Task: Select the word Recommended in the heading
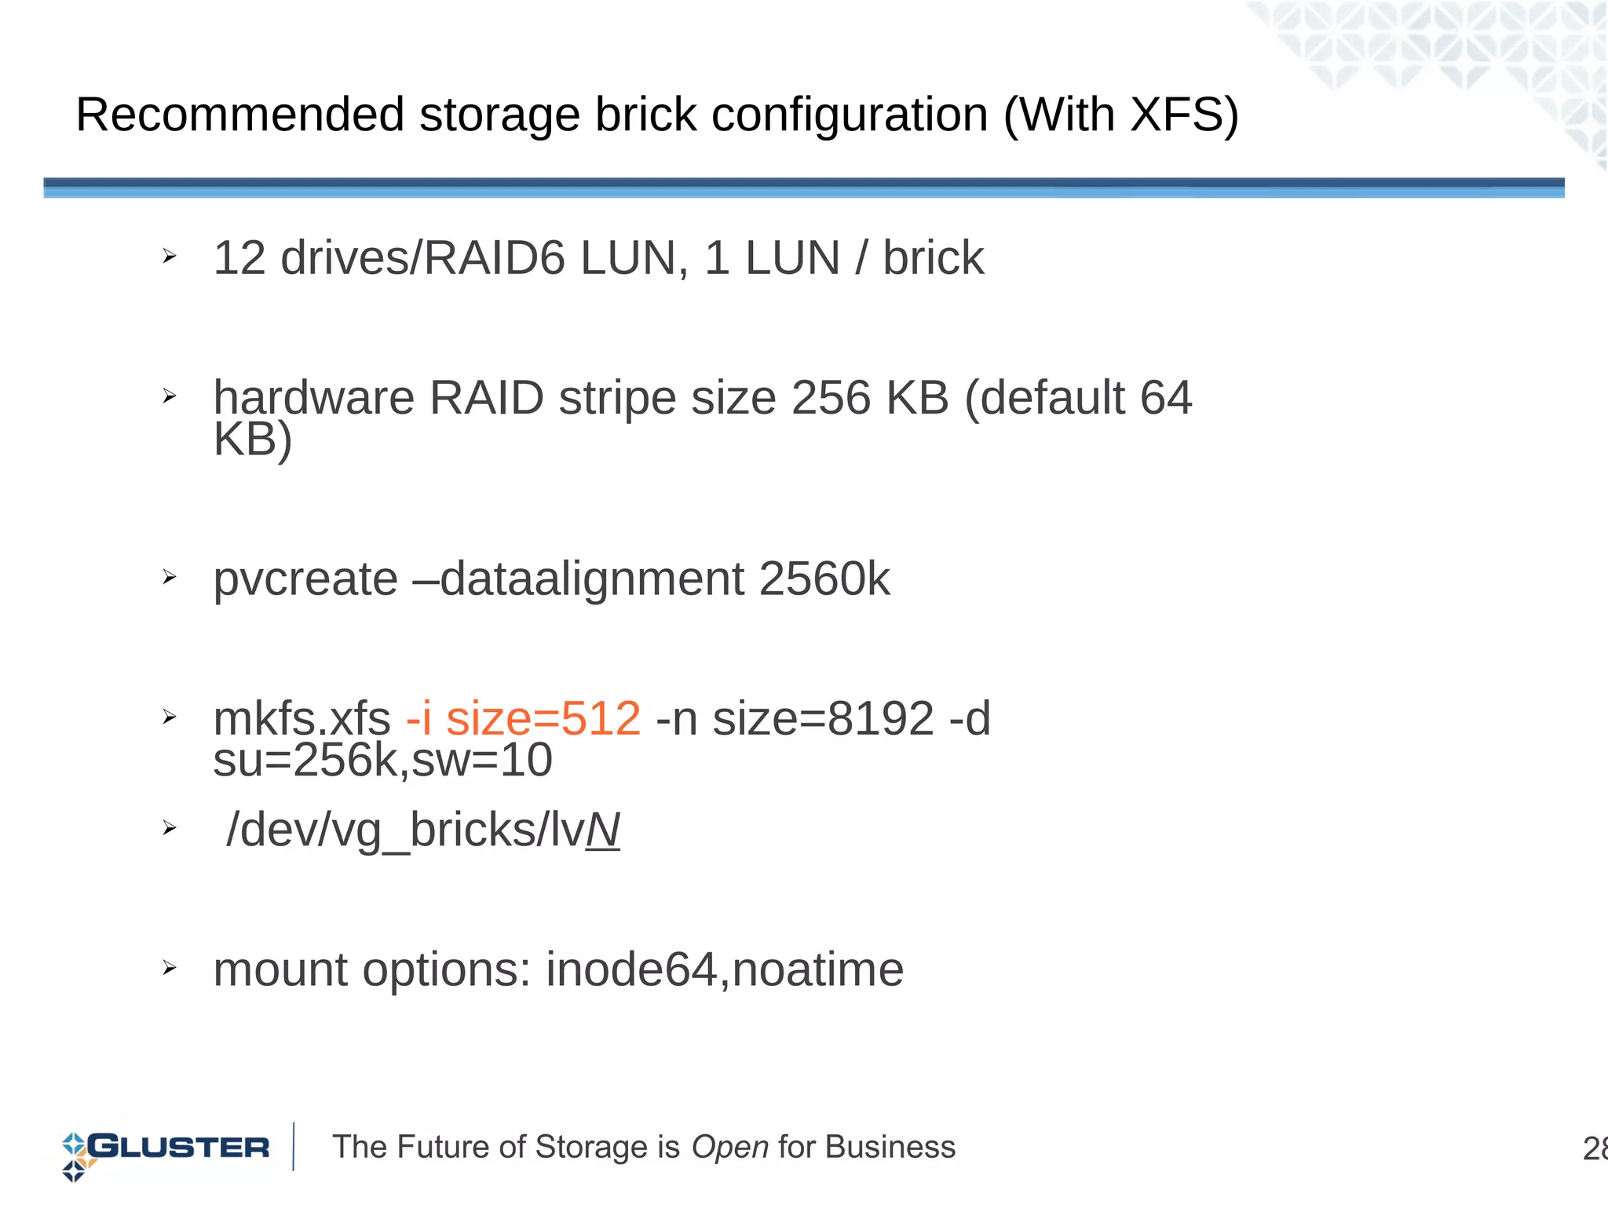coord(239,115)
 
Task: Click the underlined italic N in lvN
coord(603,830)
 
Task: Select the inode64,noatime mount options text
coord(724,969)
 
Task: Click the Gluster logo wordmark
coord(179,1147)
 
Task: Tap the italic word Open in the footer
coord(729,1148)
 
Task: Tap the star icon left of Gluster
coord(75,1156)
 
